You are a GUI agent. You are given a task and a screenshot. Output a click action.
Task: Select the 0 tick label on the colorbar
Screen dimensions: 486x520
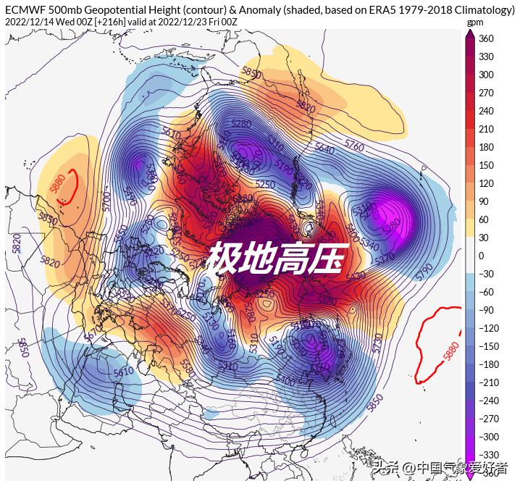tap(481, 256)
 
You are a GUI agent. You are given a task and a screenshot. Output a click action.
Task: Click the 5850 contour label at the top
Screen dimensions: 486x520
tap(251, 73)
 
